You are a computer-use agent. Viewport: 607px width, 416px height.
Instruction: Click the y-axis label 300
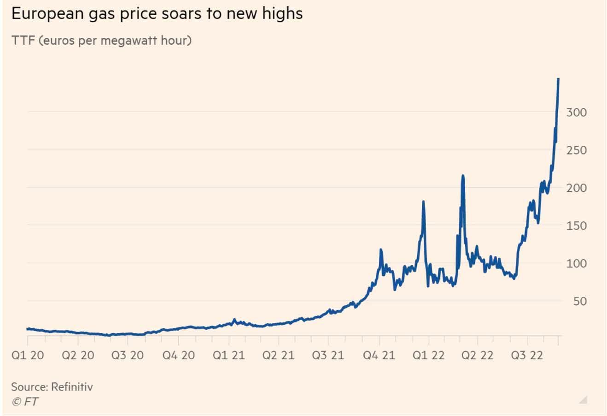pos(577,112)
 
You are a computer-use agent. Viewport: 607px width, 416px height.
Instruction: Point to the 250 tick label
pos(577,150)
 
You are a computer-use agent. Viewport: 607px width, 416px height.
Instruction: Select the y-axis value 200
pos(577,188)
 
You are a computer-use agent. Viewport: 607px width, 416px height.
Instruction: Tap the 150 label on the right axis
pos(577,226)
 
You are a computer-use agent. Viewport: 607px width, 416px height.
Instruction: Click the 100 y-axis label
pos(577,263)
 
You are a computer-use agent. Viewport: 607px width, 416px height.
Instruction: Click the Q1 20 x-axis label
pos(28,356)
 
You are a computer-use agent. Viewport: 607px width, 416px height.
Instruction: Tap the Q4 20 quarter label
pos(178,356)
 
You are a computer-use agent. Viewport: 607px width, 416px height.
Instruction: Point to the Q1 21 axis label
pos(228,356)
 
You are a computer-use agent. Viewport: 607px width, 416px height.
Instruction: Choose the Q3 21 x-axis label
pos(328,356)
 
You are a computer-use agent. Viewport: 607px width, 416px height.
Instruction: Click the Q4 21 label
pos(379,356)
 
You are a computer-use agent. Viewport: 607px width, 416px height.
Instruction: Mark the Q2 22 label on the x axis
pos(477,356)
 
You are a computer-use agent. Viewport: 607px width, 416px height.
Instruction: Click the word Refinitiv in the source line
pos(72,386)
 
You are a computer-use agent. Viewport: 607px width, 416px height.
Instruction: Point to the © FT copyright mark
pos(24,402)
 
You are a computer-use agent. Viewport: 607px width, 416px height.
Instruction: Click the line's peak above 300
pos(558,79)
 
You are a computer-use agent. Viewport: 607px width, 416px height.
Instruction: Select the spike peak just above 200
pos(463,176)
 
